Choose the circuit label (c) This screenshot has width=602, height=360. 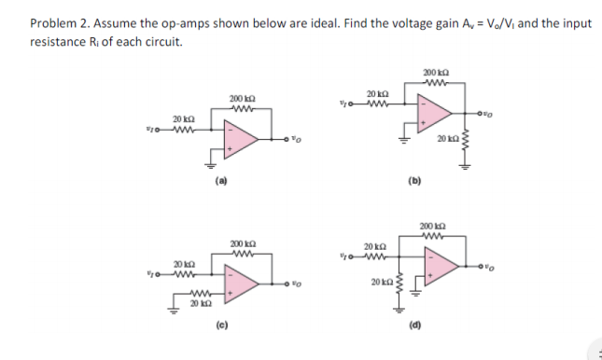click(x=221, y=326)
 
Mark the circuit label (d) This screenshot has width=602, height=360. click(x=413, y=326)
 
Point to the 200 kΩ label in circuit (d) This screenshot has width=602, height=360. click(x=434, y=227)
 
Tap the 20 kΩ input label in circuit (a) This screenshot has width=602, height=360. click(x=182, y=118)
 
